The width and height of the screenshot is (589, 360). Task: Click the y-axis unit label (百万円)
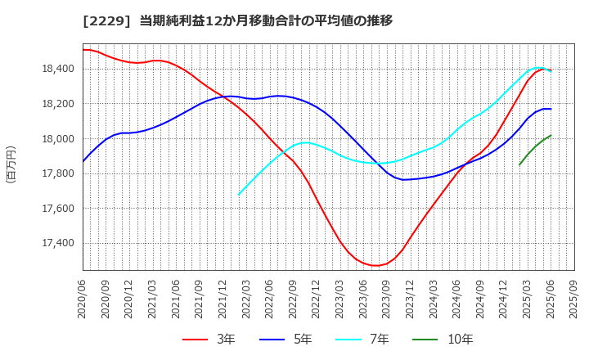coord(11,164)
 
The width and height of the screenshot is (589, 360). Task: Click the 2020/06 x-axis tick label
coord(83,300)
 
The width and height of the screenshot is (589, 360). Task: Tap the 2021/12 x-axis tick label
coord(223,300)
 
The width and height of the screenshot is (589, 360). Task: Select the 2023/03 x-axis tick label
coord(340,300)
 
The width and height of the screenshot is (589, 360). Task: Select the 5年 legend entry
coord(294,340)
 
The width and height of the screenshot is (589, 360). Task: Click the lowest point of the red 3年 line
coord(375,265)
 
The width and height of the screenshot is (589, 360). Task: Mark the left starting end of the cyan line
coord(239,195)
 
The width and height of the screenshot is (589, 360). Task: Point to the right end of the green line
coord(551,136)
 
